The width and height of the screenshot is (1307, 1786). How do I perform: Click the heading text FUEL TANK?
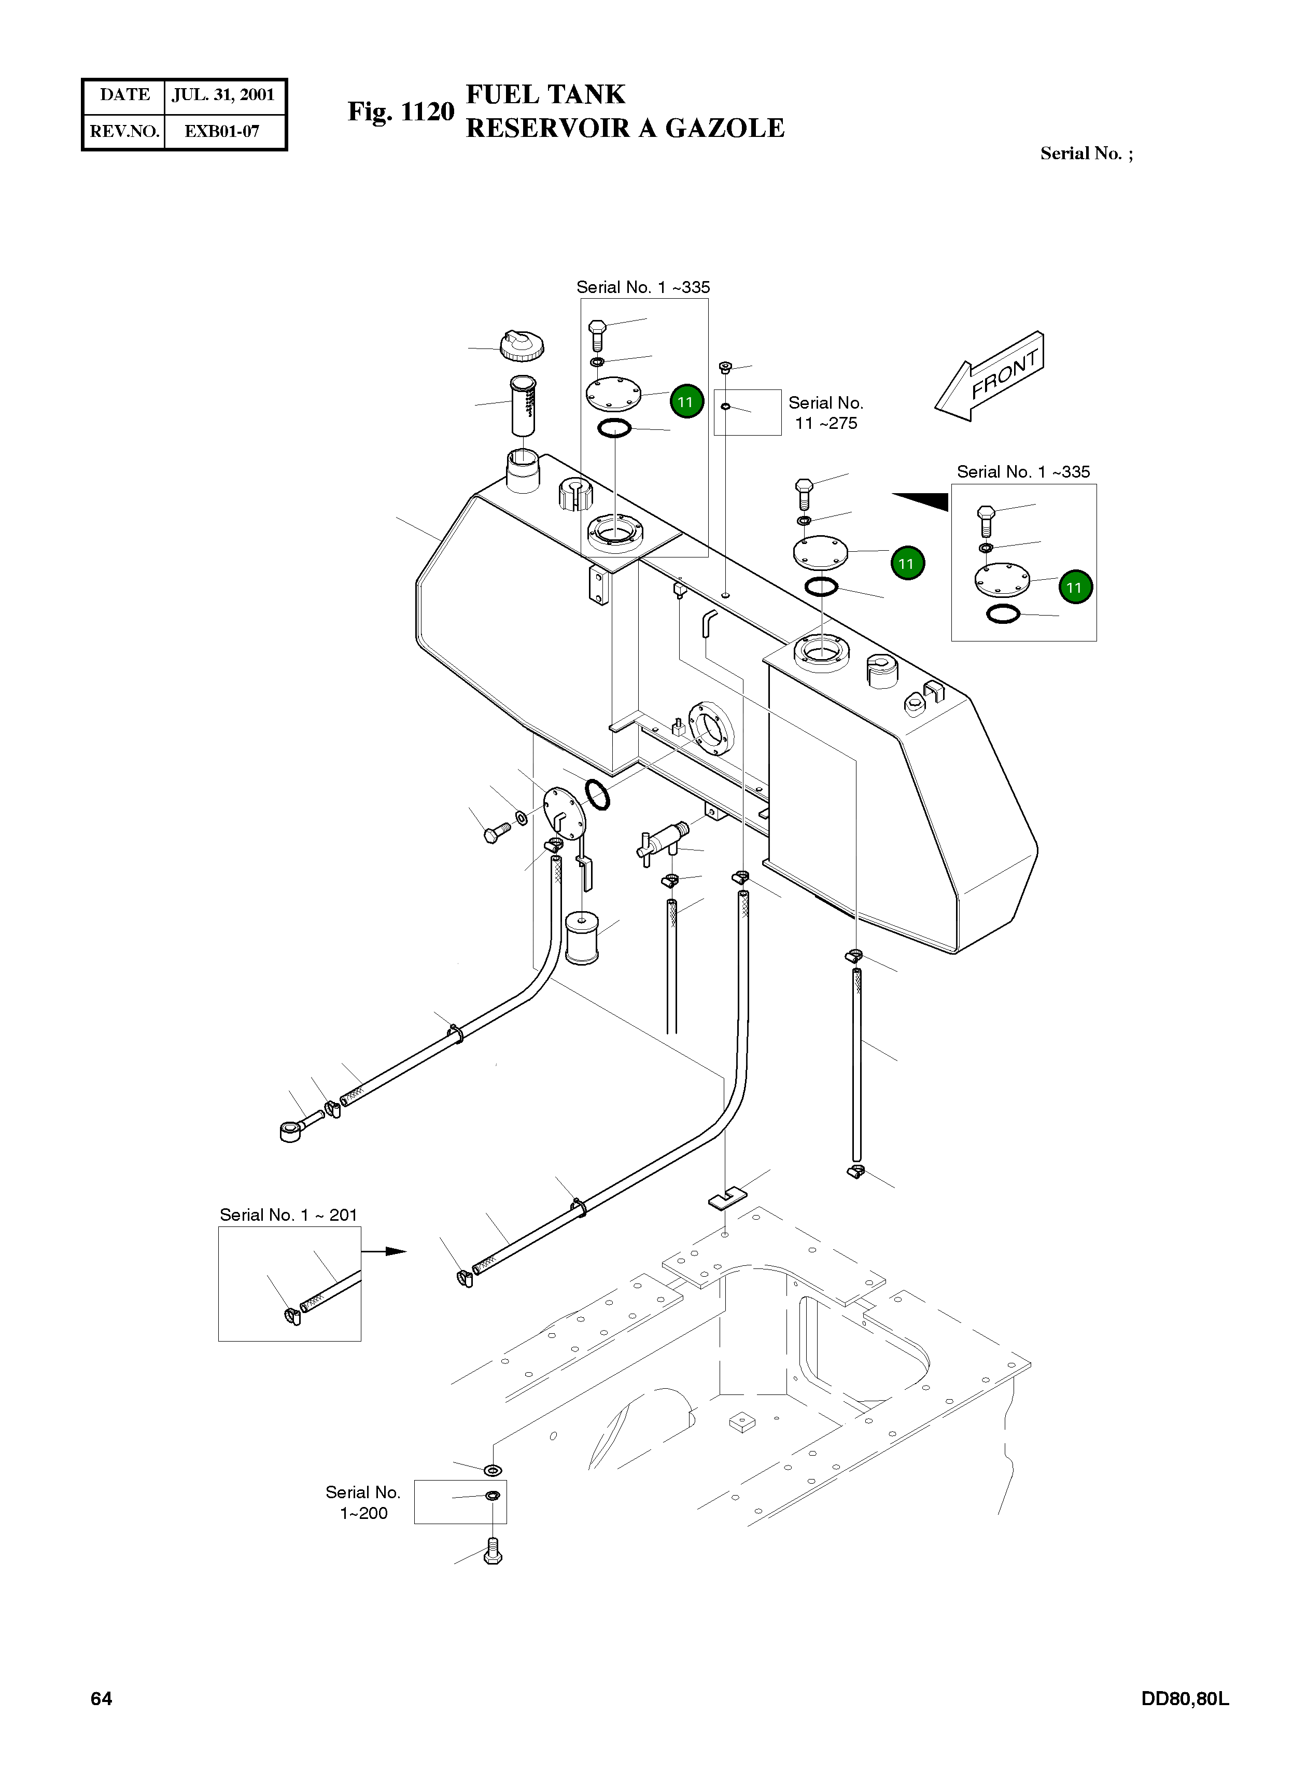[x=545, y=94]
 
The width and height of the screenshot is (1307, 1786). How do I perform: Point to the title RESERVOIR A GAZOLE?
[x=625, y=128]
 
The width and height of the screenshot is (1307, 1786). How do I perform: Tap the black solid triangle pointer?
[x=923, y=500]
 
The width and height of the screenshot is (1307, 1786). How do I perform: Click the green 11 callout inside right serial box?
[x=1074, y=587]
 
